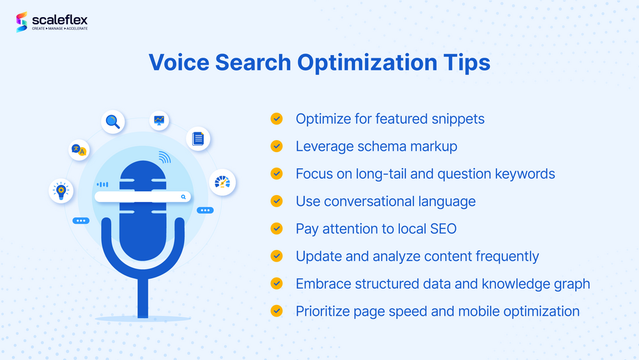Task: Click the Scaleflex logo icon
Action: (23, 22)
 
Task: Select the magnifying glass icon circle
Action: (113, 121)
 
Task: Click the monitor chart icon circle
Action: (158, 120)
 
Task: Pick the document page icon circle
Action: (198, 138)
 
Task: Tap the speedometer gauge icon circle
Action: (222, 182)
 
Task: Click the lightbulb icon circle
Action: (61, 190)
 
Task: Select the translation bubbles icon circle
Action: (79, 150)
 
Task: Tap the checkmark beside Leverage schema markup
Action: (277, 146)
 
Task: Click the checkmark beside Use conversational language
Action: (277, 201)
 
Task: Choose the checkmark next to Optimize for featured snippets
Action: (277, 119)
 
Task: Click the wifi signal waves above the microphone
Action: (165, 157)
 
